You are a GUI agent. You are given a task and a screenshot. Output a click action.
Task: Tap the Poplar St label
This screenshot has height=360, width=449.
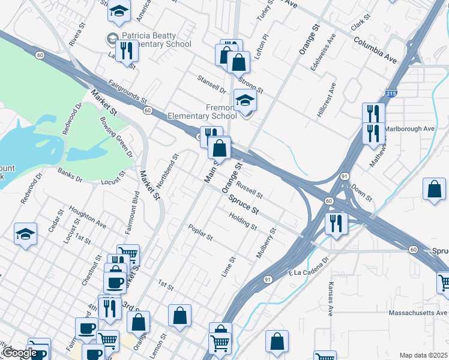200,233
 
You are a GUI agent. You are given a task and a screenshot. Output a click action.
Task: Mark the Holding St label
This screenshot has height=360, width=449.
243,223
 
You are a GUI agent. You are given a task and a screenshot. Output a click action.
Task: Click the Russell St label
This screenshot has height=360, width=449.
249,190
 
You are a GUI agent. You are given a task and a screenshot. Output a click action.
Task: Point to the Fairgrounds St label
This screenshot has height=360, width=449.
127,91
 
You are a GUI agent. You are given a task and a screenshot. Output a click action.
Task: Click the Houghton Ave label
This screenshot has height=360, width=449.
87,217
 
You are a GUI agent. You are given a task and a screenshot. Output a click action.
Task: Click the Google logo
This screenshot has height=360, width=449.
19,353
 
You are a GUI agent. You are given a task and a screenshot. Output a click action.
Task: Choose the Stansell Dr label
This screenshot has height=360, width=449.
211,84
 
